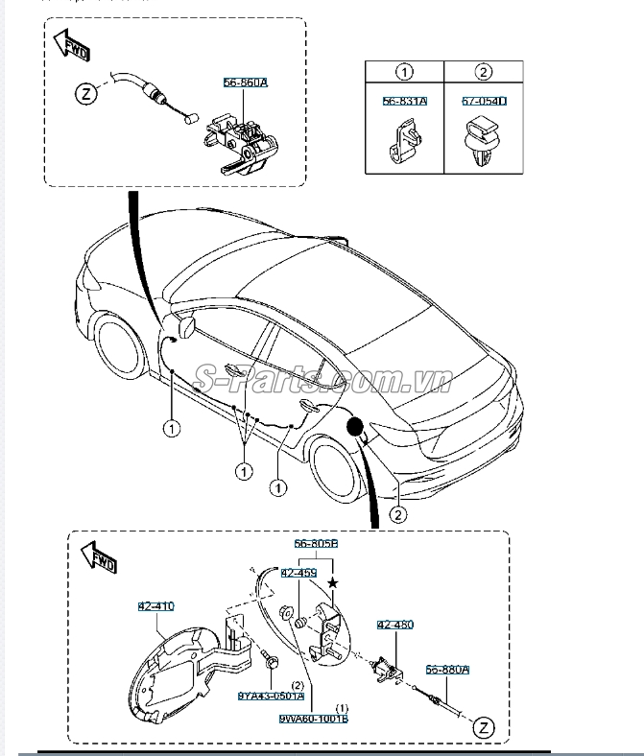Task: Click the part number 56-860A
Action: [x=247, y=84]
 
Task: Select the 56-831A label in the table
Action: [x=404, y=101]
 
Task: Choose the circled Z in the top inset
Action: [x=87, y=94]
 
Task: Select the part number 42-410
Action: [x=157, y=606]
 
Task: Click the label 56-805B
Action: [x=317, y=544]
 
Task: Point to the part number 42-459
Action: [x=298, y=574]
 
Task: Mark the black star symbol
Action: [x=333, y=582]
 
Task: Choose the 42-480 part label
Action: [x=395, y=626]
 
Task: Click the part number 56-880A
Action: [x=447, y=671]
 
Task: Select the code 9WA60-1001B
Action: [x=314, y=718]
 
